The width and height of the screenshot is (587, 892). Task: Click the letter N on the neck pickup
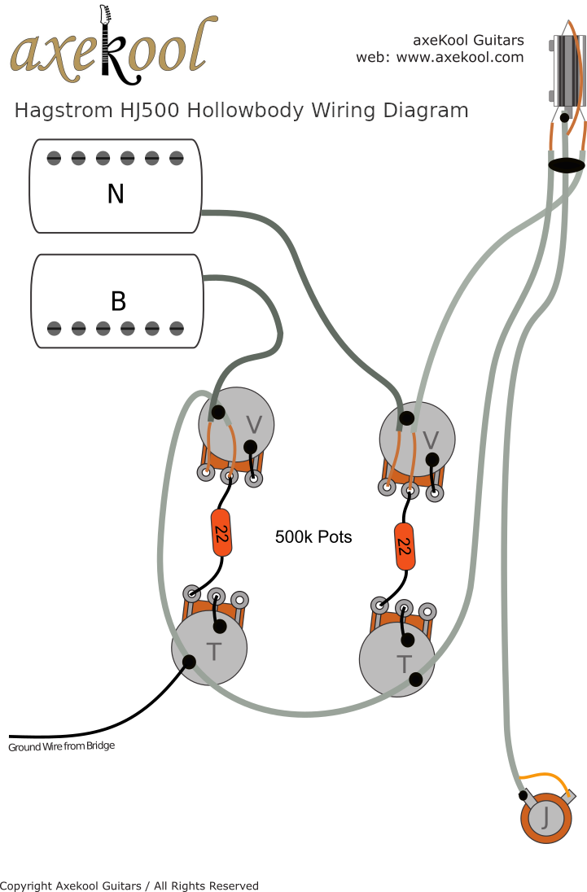[116, 194]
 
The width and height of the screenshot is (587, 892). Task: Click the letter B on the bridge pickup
[118, 301]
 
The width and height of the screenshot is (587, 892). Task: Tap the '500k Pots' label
[313, 537]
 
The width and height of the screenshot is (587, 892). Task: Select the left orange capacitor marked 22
[220, 533]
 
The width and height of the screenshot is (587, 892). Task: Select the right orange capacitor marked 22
[403, 546]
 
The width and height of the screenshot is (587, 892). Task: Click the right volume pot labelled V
[418, 439]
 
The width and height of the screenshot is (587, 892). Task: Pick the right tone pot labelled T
[397, 660]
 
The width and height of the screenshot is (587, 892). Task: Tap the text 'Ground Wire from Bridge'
[61, 746]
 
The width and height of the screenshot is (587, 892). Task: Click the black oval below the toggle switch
[567, 165]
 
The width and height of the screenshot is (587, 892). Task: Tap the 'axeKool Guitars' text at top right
[468, 40]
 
